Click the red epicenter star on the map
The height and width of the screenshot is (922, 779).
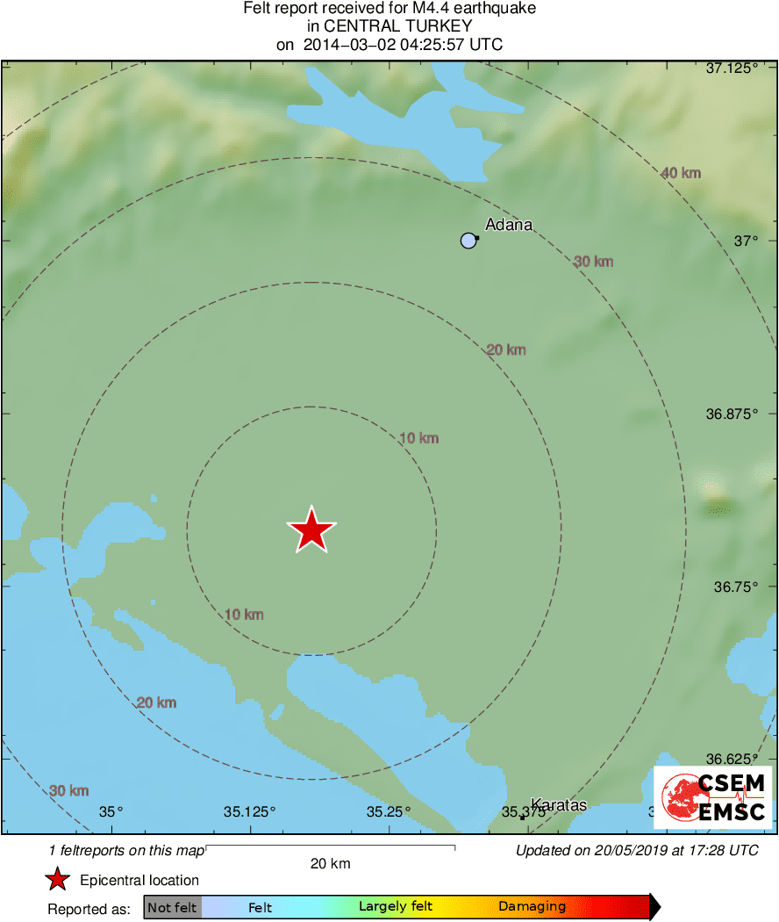[311, 530]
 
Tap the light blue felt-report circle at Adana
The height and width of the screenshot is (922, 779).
[468, 241]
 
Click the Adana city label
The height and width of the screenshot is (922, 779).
[509, 225]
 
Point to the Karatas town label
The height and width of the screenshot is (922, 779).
[559, 805]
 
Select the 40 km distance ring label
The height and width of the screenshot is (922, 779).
[681, 173]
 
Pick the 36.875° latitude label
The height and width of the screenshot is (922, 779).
[732, 413]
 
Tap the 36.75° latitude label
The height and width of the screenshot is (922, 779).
[735, 586]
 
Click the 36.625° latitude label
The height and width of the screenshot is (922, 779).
[732, 759]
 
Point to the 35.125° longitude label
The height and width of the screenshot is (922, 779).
[250, 811]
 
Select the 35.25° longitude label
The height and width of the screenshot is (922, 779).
[389, 811]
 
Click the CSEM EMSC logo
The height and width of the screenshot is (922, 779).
[712, 797]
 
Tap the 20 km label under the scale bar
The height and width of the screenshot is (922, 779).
[331, 863]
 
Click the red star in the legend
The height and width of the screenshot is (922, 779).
[58, 880]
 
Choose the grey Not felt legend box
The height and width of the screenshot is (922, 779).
[173, 907]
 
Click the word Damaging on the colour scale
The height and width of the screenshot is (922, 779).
[532, 907]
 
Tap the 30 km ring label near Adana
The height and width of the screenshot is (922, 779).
[594, 262]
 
